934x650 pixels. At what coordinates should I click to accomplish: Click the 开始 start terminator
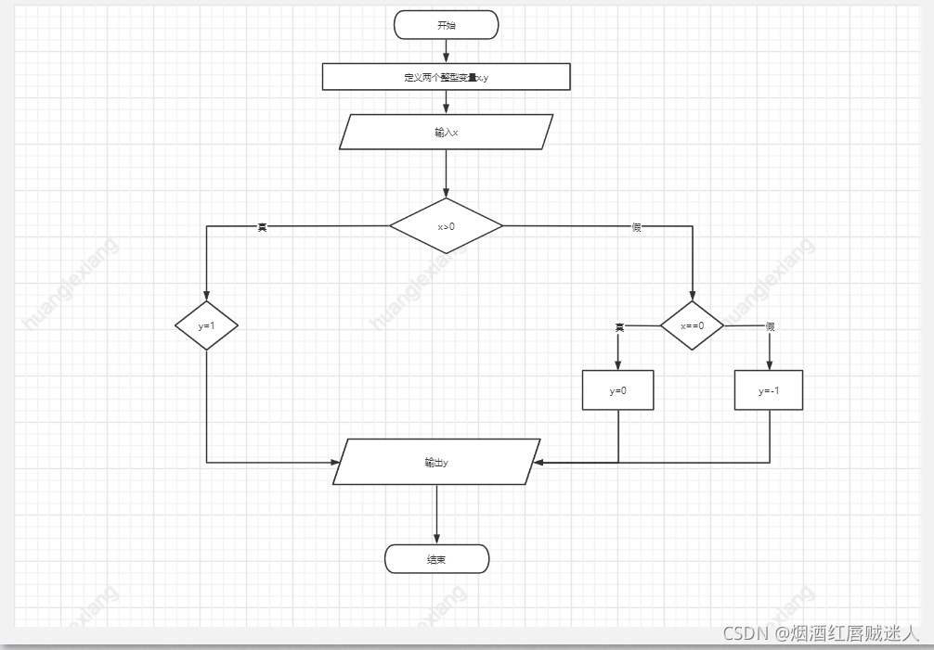point(446,25)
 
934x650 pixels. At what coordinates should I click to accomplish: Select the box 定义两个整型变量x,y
point(446,77)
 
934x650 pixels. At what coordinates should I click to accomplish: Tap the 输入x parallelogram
point(446,132)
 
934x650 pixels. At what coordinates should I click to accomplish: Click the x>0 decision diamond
point(446,225)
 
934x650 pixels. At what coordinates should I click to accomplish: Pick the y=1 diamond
point(206,325)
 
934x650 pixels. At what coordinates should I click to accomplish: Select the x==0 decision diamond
point(692,325)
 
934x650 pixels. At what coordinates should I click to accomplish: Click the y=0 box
point(617,390)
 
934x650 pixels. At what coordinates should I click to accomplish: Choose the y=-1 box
point(768,390)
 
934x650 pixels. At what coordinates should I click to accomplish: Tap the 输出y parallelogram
point(436,462)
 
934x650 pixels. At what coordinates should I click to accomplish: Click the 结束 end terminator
point(436,559)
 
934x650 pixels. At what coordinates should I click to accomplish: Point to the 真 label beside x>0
point(262,226)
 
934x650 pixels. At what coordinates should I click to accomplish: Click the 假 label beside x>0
point(636,226)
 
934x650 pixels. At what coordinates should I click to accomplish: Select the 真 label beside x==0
point(619,326)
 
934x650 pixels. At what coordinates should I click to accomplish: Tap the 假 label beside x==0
point(770,326)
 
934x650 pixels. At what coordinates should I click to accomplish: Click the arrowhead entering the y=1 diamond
point(206,296)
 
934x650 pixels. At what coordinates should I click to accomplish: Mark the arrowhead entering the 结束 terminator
point(436,540)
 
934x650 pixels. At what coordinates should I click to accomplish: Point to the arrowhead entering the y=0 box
point(617,365)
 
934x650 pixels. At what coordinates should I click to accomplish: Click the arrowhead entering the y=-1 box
point(769,365)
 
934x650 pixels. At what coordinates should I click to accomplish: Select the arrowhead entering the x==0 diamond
point(692,296)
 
